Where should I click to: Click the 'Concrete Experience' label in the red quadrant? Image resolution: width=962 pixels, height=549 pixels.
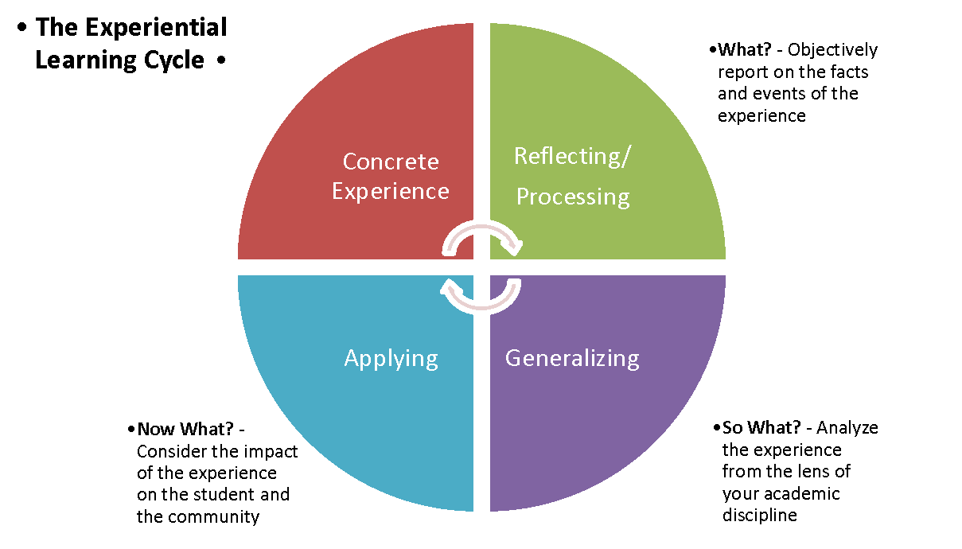click(390, 176)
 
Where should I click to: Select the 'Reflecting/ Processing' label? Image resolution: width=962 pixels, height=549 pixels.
click(572, 176)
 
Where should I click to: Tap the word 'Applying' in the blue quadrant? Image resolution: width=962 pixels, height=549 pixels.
click(391, 358)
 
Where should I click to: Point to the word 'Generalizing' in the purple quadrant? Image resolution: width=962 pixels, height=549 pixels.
click(572, 358)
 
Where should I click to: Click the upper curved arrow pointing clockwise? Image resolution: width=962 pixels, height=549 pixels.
click(481, 235)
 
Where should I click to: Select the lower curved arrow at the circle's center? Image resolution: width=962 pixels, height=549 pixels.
click(481, 296)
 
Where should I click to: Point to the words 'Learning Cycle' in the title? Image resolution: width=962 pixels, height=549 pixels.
click(119, 60)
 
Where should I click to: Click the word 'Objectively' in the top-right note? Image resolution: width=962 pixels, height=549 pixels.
click(832, 50)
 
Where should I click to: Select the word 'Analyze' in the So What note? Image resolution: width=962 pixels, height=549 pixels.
click(847, 428)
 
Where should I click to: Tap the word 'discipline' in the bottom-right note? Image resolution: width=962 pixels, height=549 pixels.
click(759, 515)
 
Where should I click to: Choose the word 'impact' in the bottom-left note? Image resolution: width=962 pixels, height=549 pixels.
click(271, 452)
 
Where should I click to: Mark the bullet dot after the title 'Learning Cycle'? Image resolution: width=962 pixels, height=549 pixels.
click(220, 61)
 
